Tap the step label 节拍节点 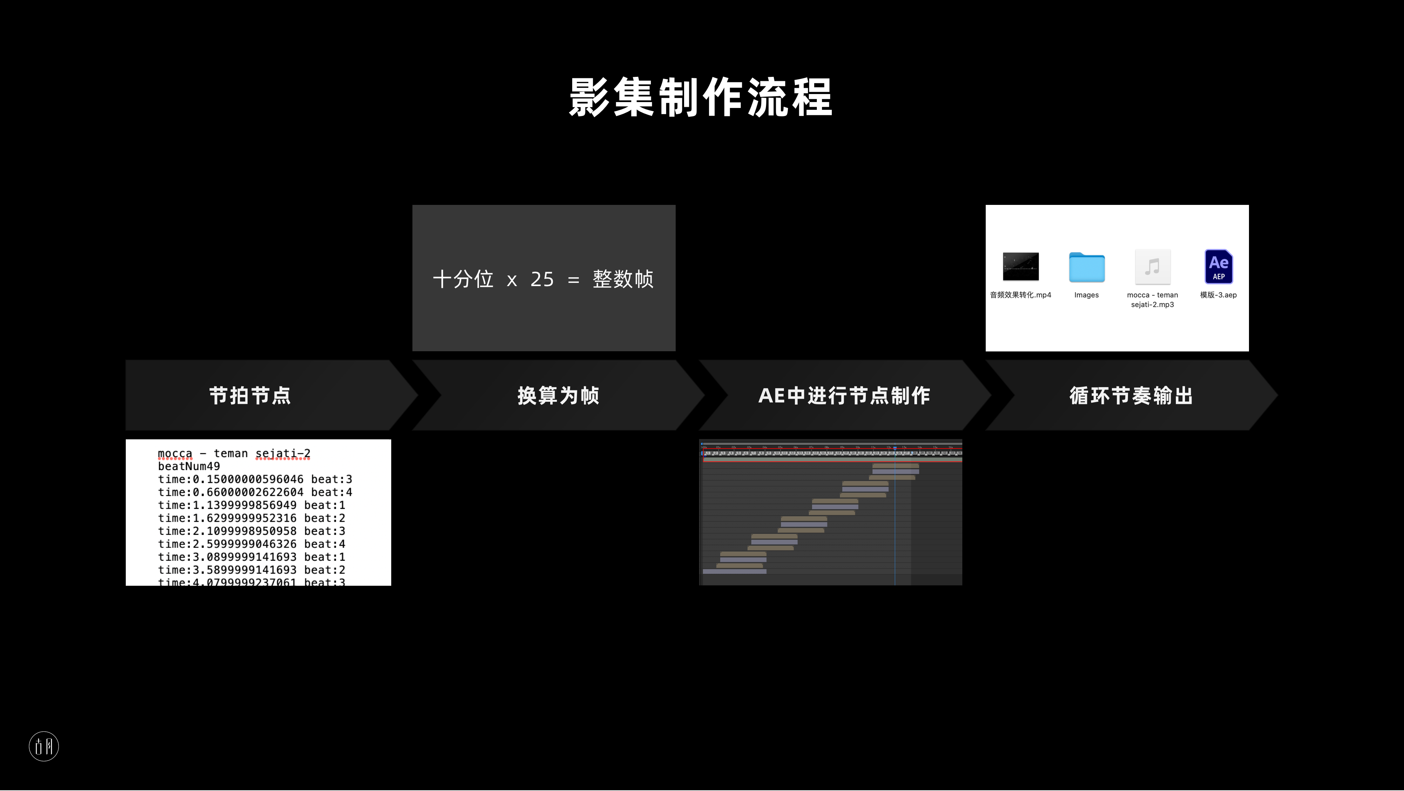[250, 395]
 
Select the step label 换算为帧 [558, 395]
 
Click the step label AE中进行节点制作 [844, 395]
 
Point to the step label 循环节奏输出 [1131, 395]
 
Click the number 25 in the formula [542, 279]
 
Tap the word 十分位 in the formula [463, 279]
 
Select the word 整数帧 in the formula [623, 279]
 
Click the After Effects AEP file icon [1219, 267]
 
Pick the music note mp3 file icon [1152, 267]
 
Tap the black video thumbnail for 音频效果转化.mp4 [1020, 266]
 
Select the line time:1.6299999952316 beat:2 [251, 518]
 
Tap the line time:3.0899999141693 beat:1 [251, 557]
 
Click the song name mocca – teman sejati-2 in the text [234, 453]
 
